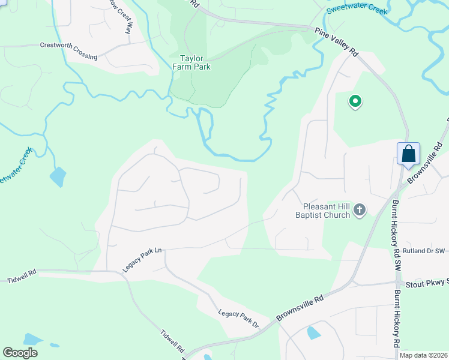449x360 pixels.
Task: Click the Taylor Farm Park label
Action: click(195, 62)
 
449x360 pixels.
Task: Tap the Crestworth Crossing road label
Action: click(68, 50)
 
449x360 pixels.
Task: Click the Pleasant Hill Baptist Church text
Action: click(322, 210)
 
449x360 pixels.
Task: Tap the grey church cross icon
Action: click(360, 209)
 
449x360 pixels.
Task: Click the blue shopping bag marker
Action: click(408, 154)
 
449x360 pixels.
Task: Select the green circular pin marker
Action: click(355, 102)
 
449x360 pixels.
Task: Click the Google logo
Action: click(20, 353)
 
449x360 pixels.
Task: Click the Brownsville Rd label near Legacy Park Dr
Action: click(300, 307)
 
